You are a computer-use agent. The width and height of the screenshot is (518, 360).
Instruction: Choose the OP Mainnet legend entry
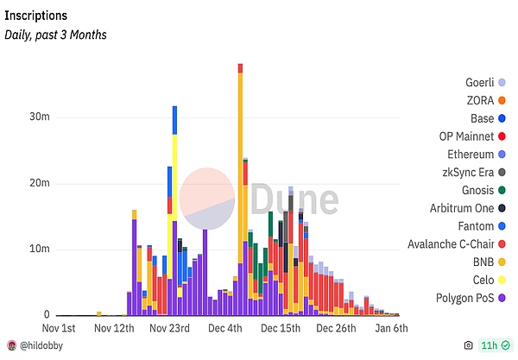pos(465,136)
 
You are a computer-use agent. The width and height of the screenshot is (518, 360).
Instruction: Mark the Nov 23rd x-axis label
pos(168,329)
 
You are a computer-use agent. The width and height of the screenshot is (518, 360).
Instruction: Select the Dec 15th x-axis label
pos(280,329)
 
